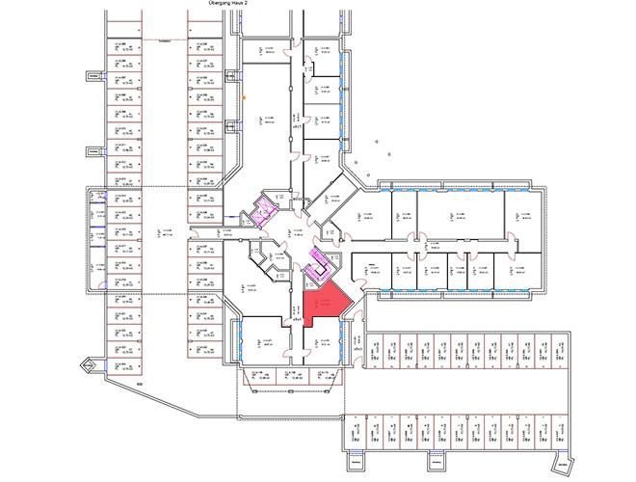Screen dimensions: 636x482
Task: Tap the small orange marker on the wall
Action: [x=245, y=97]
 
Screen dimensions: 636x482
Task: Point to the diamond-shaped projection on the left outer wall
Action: [x=91, y=364]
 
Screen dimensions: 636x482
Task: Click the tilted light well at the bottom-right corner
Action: [x=576, y=464]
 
